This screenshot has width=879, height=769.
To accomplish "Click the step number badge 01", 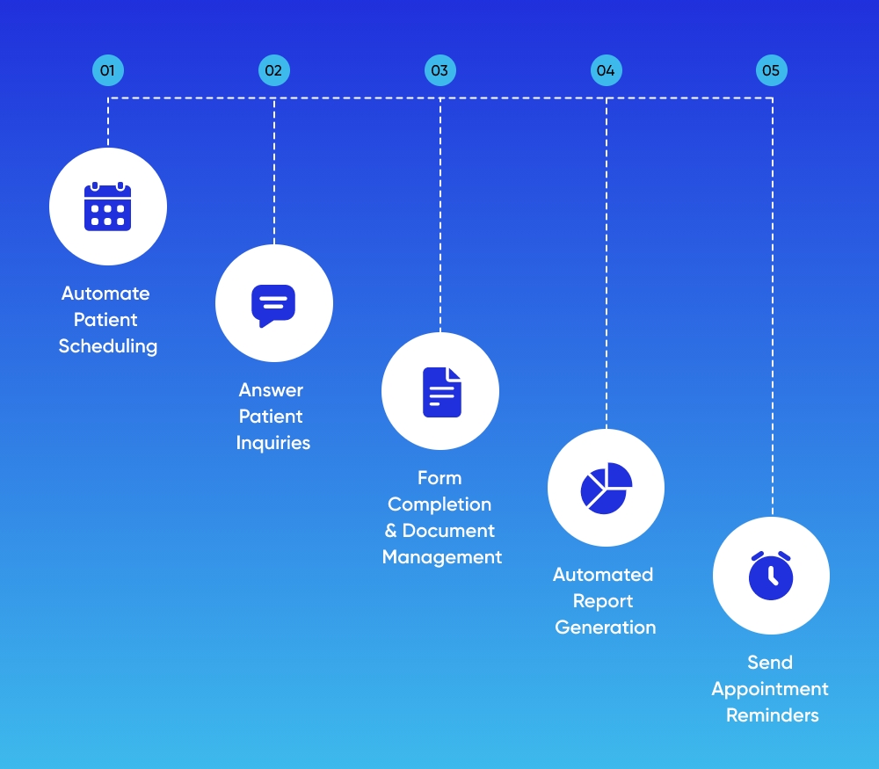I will [107, 70].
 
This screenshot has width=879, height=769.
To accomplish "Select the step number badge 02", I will [273, 70].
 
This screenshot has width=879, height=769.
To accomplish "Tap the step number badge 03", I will [439, 70].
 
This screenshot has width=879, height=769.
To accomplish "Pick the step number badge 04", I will [605, 70].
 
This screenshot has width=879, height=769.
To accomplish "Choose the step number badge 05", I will [771, 70].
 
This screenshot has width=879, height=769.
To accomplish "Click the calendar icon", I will [107, 207].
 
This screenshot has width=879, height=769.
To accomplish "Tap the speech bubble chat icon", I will [273, 305].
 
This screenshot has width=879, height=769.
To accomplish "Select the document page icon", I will [441, 392].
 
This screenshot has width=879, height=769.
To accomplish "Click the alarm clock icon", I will [771, 576].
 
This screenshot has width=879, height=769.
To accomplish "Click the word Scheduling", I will [108, 346].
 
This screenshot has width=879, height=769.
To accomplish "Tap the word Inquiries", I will [273, 443].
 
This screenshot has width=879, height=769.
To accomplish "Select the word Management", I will [442, 557].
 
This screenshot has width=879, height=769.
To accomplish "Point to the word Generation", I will [606, 628].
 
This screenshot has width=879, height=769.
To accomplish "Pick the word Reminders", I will [772, 715].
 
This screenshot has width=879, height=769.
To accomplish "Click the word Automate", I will [105, 294].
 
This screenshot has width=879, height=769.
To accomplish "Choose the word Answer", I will [271, 390].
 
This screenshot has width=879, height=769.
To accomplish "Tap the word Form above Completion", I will [439, 478].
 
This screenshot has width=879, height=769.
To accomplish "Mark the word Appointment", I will [770, 689].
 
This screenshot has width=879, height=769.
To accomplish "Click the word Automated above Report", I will [603, 575].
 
